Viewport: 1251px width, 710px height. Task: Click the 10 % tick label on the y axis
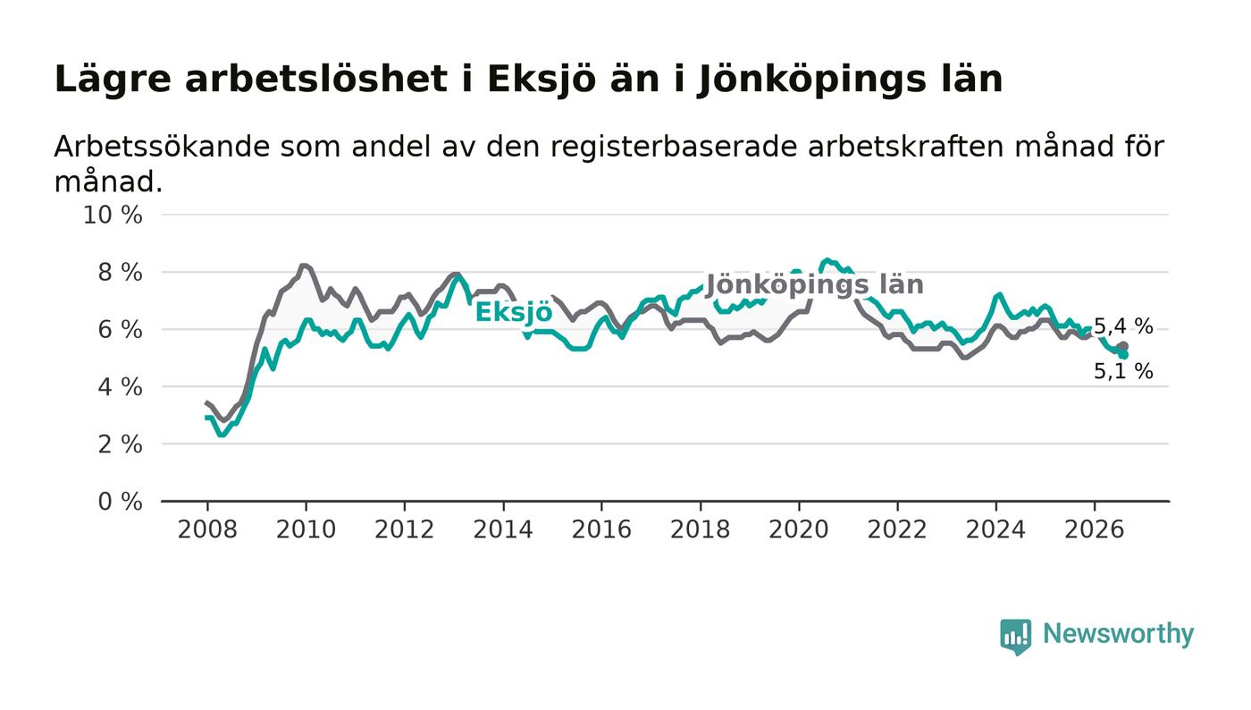(x=113, y=216)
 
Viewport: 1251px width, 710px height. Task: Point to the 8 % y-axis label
(x=120, y=273)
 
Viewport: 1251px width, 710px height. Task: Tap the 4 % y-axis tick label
(x=120, y=387)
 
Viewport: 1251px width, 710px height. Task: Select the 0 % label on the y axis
(x=120, y=502)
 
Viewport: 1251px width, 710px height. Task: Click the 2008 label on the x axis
(x=207, y=530)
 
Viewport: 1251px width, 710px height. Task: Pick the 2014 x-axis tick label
(x=503, y=530)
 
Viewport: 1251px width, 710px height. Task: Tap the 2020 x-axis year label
(x=799, y=530)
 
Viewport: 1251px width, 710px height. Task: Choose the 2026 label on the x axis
(x=1094, y=530)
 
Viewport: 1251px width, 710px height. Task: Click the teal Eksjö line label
(x=514, y=312)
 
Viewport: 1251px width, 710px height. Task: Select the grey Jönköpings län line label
(x=815, y=285)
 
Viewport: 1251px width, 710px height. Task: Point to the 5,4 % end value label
(x=1123, y=326)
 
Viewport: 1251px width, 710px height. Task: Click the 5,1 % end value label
(x=1123, y=371)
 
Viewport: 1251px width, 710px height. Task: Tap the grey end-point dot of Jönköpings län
(x=1124, y=347)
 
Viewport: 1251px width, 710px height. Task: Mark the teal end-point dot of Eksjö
(x=1124, y=355)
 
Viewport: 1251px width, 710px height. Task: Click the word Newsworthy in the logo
(x=1119, y=634)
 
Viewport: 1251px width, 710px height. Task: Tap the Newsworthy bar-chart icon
(x=1016, y=637)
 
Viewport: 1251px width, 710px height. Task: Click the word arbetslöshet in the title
(x=316, y=79)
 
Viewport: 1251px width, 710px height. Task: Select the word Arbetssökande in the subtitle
(x=162, y=147)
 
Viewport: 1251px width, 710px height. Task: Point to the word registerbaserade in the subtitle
(x=676, y=148)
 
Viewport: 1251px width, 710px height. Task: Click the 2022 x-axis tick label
(x=897, y=530)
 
